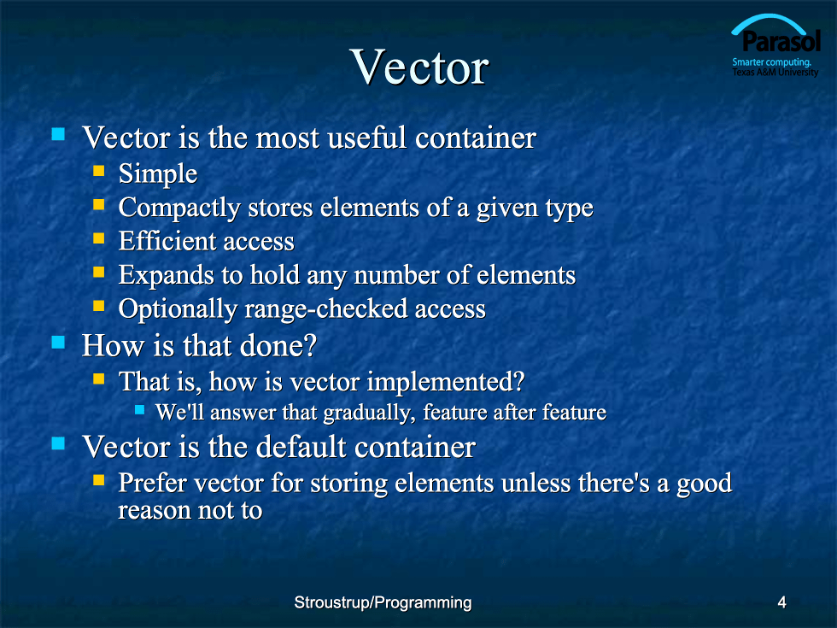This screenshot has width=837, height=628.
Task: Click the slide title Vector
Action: tap(419, 67)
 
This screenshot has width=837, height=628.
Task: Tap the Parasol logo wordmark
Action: tap(781, 42)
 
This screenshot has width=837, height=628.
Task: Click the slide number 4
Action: tap(782, 602)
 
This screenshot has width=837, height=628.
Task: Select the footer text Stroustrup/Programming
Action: tap(383, 602)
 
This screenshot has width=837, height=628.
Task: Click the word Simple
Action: tap(158, 174)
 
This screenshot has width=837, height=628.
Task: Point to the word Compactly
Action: tap(179, 208)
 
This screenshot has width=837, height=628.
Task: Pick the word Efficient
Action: tap(161, 241)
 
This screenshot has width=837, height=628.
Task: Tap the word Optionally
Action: tap(178, 309)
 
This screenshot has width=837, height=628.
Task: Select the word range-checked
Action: tap(326, 309)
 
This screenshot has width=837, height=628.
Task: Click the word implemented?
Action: tap(446, 383)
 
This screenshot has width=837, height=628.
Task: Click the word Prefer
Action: tap(153, 483)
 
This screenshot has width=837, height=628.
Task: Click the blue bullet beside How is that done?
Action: tap(58, 342)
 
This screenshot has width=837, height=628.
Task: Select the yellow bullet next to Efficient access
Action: tap(99, 238)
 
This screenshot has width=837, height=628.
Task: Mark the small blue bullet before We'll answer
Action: tap(140, 409)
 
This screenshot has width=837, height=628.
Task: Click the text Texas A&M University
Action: tap(776, 72)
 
